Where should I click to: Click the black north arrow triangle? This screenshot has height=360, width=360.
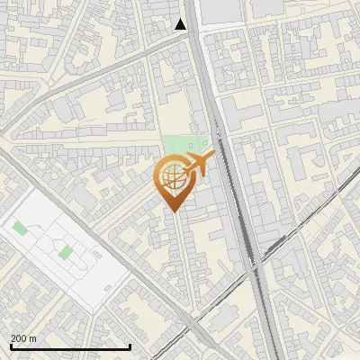tap(181, 24)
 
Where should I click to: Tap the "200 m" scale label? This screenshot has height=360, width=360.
tap(23, 338)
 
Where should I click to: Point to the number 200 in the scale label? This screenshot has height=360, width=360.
tap(19, 338)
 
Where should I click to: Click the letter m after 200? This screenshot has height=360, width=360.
tap(32, 338)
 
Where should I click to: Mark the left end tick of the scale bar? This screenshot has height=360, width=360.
tap(11, 346)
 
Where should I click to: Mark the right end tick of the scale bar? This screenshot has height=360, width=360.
tap(130, 346)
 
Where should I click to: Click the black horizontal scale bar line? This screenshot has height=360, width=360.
tap(70, 347)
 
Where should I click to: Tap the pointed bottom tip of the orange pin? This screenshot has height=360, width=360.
tap(174, 211)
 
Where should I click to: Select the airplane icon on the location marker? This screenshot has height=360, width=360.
tap(199, 164)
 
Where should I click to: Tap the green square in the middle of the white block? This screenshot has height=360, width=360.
tap(65, 251)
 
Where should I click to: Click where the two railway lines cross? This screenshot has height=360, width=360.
tap(251, 264)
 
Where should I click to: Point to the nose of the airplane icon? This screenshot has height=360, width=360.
tap(213, 156)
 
